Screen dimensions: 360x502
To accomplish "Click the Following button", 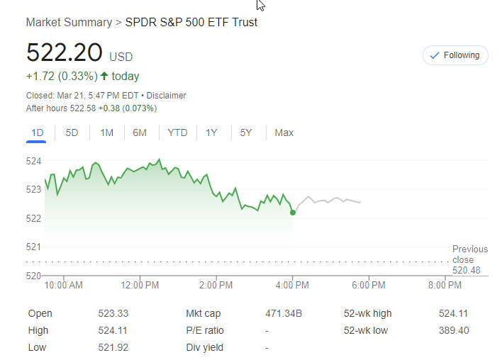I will click(455, 55).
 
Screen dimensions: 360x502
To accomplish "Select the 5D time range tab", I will click(72, 133).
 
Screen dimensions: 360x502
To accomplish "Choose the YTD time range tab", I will click(177, 133).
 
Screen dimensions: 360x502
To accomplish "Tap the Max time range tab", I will click(284, 133).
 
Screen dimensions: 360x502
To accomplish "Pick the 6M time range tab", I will click(140, 133).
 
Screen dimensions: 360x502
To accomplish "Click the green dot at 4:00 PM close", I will click(293, 212).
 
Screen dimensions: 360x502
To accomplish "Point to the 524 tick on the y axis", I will click(33, 161).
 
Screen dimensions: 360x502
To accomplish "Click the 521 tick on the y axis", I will click(33, 247).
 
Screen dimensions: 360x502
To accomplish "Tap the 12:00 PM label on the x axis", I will click(140, 285).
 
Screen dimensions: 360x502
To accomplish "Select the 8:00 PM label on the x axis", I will click(445, 285).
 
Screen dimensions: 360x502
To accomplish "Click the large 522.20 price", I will click(64, 54).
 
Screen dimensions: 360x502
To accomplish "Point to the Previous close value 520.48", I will click(467, 270).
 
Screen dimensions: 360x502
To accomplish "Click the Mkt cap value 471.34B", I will click(284, 313).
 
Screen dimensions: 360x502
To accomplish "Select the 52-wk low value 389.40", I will click(454, 330).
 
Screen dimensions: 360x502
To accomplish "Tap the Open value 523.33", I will click(113, 313).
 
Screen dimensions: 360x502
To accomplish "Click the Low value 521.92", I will click(113, 347).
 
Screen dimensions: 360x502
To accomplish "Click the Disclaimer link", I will click(166, 96).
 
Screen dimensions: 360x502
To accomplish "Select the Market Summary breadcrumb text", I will click(69, 23).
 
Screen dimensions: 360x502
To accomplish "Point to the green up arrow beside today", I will click(104, 76).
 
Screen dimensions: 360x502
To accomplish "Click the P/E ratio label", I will click(205, 330).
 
